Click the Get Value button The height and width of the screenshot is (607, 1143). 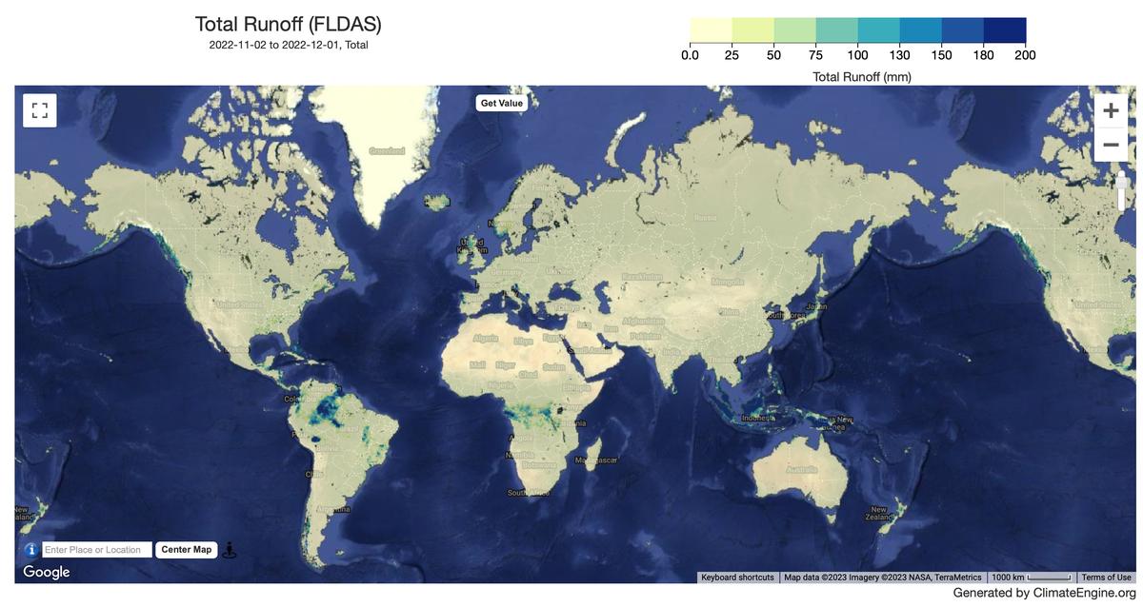pos(501,103)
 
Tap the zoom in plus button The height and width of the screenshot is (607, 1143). pos(1111,110)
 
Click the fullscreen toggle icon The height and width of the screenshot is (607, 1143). pos(40,110)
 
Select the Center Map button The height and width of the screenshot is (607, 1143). pos(186,550)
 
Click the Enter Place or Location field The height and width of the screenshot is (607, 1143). pos(97,550)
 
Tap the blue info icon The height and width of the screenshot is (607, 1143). pos(30,550)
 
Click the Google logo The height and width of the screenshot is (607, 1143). pos(47,572)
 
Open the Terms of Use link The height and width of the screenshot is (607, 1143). pos(1106,578)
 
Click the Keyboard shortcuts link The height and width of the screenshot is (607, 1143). pos(737,578)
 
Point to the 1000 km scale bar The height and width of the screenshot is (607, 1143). pos(1032,578)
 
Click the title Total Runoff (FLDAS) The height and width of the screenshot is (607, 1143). pos(288,25)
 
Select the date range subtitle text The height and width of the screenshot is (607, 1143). pos(288,45)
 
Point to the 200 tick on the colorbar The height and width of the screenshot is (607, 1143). pos(1025,55)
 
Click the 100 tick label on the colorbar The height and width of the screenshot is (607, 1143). pos(857,55)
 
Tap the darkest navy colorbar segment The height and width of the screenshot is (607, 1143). pos(1005,30)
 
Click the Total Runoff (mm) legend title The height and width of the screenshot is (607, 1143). pos(861,76)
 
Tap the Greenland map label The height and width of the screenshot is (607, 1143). pos(387,151)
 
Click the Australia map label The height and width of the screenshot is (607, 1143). pos(801,469)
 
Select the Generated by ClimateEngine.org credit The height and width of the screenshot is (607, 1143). pos(1044,593)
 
